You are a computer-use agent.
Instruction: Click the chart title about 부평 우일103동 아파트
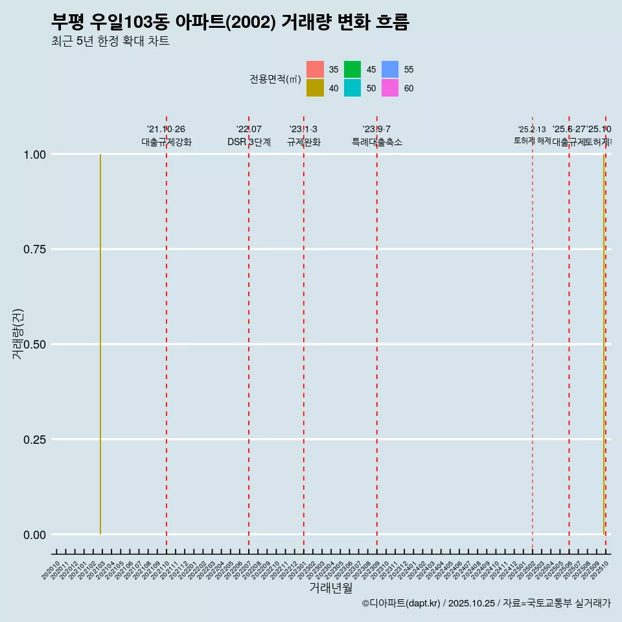click(x=230, y=23)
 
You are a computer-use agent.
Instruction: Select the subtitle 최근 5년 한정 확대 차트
click(x=110, y=42)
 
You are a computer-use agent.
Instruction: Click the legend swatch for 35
click(x=315, y=69)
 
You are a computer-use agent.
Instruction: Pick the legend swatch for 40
click(x=315, y=88)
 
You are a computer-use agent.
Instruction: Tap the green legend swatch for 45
click(x=352, y=69)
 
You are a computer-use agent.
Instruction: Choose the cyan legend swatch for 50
click(x=352, y=88)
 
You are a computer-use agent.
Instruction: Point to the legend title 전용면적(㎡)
click(x=275, y=79)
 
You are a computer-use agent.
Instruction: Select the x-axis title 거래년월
click(x=330, y=588)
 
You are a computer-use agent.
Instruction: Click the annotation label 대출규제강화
click(x=167, y=142)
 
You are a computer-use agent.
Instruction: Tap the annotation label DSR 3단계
click(x=249, y=142)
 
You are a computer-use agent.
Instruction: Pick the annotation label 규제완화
click(x=304, y=142)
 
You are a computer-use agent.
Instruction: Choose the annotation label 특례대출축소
click(x=377, y=142)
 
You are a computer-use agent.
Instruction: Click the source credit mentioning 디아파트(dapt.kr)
click(x=486, y=603)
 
